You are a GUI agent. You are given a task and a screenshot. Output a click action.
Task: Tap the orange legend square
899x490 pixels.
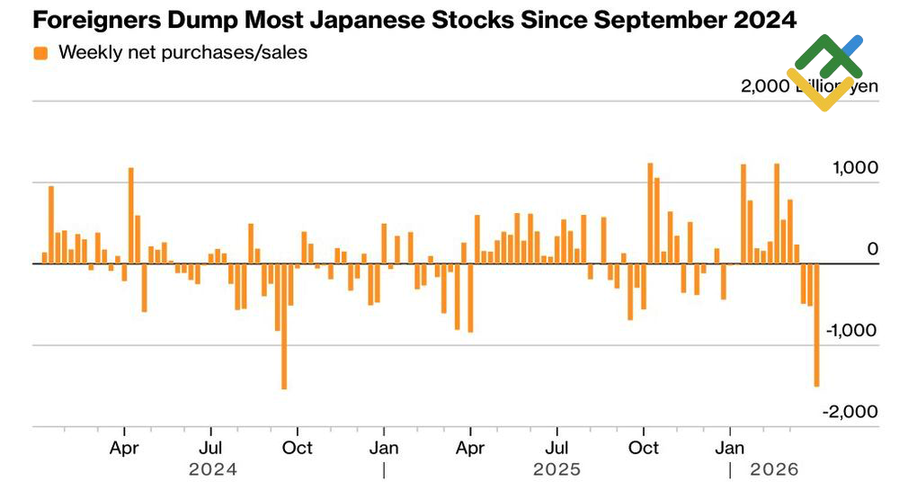40,53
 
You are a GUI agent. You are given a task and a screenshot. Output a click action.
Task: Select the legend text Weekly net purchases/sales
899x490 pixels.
182,52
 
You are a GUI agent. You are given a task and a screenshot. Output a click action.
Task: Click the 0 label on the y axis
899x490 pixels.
872,248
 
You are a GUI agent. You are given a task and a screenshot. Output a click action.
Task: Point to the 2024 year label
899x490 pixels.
213,469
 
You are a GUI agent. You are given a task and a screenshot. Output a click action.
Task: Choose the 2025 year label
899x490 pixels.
556,469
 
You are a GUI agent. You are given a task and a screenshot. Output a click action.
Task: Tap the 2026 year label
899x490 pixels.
774,469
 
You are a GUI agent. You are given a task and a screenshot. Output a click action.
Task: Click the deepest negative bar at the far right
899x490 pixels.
817,325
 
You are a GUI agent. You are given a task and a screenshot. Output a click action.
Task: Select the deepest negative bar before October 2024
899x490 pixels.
284,325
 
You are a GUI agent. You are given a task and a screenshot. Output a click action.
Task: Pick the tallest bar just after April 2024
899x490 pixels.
130,215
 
